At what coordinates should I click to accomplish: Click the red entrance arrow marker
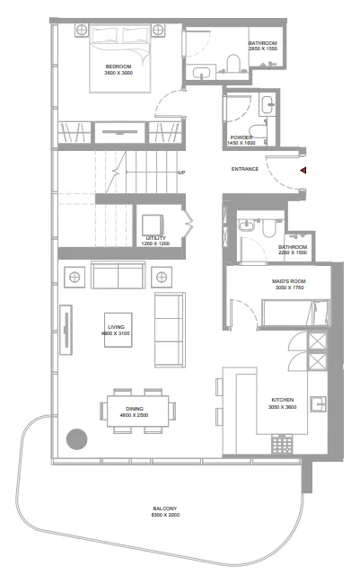[303, 169]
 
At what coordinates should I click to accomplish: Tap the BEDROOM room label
[119, 66]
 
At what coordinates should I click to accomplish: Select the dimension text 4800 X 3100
[117, 334]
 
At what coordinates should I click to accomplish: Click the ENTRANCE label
[245, 169]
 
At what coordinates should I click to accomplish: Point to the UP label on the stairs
[182, 172]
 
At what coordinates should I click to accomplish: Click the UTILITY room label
[155, 238]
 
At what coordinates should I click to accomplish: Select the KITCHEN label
[283, 400]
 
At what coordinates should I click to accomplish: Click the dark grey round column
[77, 440]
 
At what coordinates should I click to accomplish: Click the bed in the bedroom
[119, 58]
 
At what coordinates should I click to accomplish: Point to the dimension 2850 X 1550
[264, 49]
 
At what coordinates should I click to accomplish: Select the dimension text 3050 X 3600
[283, 406]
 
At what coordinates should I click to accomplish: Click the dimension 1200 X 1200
[155, 243]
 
